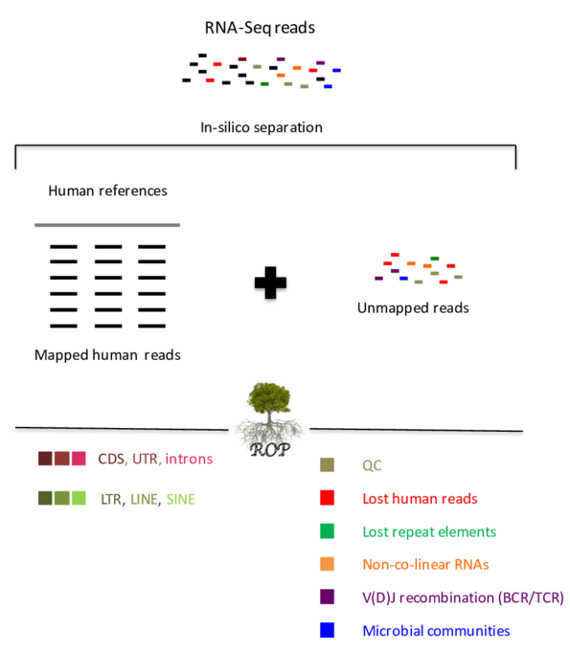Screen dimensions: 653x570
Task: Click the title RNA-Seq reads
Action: point(259,28)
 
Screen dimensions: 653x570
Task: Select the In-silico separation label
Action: point(262,126)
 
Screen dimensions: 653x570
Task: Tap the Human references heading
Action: point(107,191)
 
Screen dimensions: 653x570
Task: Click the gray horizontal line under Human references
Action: point(107,225)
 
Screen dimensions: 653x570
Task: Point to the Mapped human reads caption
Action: point(107,354)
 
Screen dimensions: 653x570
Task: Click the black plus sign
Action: point(271,282)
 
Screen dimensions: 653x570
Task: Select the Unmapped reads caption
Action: point(413,308)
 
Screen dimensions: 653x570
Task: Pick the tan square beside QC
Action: point(328,465)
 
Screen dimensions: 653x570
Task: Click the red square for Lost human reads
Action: point(328,498)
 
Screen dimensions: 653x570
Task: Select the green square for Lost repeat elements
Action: point(328,531)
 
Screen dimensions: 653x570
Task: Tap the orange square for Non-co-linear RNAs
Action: point(328,564)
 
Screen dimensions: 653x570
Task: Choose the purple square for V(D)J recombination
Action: point(328,597)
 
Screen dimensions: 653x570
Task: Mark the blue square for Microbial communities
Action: point(328,630)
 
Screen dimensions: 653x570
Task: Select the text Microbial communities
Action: point(436,630)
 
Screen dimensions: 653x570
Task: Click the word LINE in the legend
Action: point(144,498)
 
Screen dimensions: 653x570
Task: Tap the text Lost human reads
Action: point(420,498)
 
